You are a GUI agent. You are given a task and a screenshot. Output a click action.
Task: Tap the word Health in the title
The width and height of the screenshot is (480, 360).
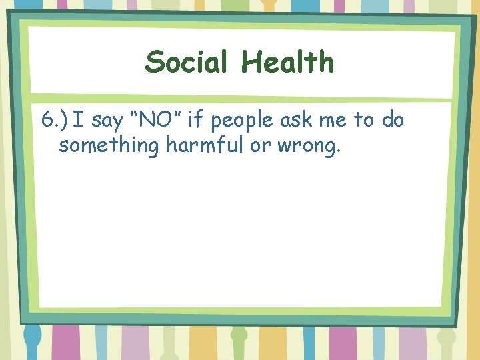[287, 63]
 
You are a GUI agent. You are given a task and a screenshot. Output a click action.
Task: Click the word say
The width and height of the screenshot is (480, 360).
[105, 123]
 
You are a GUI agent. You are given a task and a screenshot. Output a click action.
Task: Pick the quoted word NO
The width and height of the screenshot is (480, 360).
[159, 121]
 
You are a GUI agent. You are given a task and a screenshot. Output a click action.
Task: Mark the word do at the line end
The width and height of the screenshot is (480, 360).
[393, 121]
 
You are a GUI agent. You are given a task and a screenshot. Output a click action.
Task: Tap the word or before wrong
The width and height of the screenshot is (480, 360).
[259, 147]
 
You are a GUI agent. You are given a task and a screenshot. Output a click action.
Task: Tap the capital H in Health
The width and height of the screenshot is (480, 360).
[251, 63]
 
